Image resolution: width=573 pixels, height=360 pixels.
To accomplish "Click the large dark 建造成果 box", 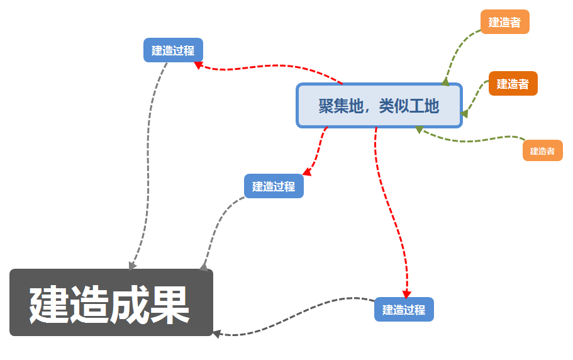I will click(111, 303).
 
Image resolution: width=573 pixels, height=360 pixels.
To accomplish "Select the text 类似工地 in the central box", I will click(408, 106).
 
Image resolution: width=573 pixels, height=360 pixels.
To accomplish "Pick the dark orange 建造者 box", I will click(513, 84).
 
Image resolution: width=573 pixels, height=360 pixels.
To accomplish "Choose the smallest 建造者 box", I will click(542, 151).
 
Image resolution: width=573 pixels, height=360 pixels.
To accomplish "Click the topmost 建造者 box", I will click(504, 22).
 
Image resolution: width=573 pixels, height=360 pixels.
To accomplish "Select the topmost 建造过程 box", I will click(173, 50).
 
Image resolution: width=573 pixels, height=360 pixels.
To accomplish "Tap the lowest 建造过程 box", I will click(404, 310).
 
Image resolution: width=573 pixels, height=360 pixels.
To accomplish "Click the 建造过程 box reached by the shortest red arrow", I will click(274, 186).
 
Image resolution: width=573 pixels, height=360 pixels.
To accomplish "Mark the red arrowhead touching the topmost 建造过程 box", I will click(198, 64).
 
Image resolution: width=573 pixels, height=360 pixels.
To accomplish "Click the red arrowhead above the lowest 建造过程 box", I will click(406, 294).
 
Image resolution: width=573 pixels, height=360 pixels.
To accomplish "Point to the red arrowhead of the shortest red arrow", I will click(307, 172).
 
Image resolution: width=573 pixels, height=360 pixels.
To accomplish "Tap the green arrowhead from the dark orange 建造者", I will click(464, 114).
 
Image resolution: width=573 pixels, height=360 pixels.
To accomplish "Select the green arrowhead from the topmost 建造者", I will click(445, 81).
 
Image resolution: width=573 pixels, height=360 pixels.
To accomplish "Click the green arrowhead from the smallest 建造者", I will click(419, 129).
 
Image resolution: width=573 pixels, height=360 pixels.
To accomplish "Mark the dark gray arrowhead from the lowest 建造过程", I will click(216, 334).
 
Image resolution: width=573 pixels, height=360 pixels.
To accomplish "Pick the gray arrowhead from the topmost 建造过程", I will click(132, 266).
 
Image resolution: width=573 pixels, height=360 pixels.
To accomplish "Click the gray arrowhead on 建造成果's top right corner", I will click(203, 267).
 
